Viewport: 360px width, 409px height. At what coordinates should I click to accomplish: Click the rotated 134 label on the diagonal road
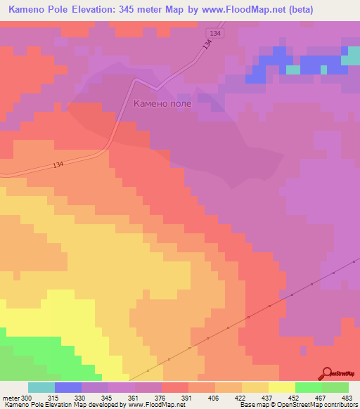tap(206, 44)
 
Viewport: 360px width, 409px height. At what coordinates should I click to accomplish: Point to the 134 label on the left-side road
tap(58, 165)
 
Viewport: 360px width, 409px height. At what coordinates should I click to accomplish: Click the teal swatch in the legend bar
tap(41, 387)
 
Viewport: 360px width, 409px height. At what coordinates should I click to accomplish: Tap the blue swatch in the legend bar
tap(67, 387)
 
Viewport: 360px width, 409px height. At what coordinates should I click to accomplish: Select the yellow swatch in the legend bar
tap(281, 387)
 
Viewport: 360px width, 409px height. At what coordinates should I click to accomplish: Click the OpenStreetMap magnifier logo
tap(326, 373)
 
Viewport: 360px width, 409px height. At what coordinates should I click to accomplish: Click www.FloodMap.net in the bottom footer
tap(154, 405)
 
